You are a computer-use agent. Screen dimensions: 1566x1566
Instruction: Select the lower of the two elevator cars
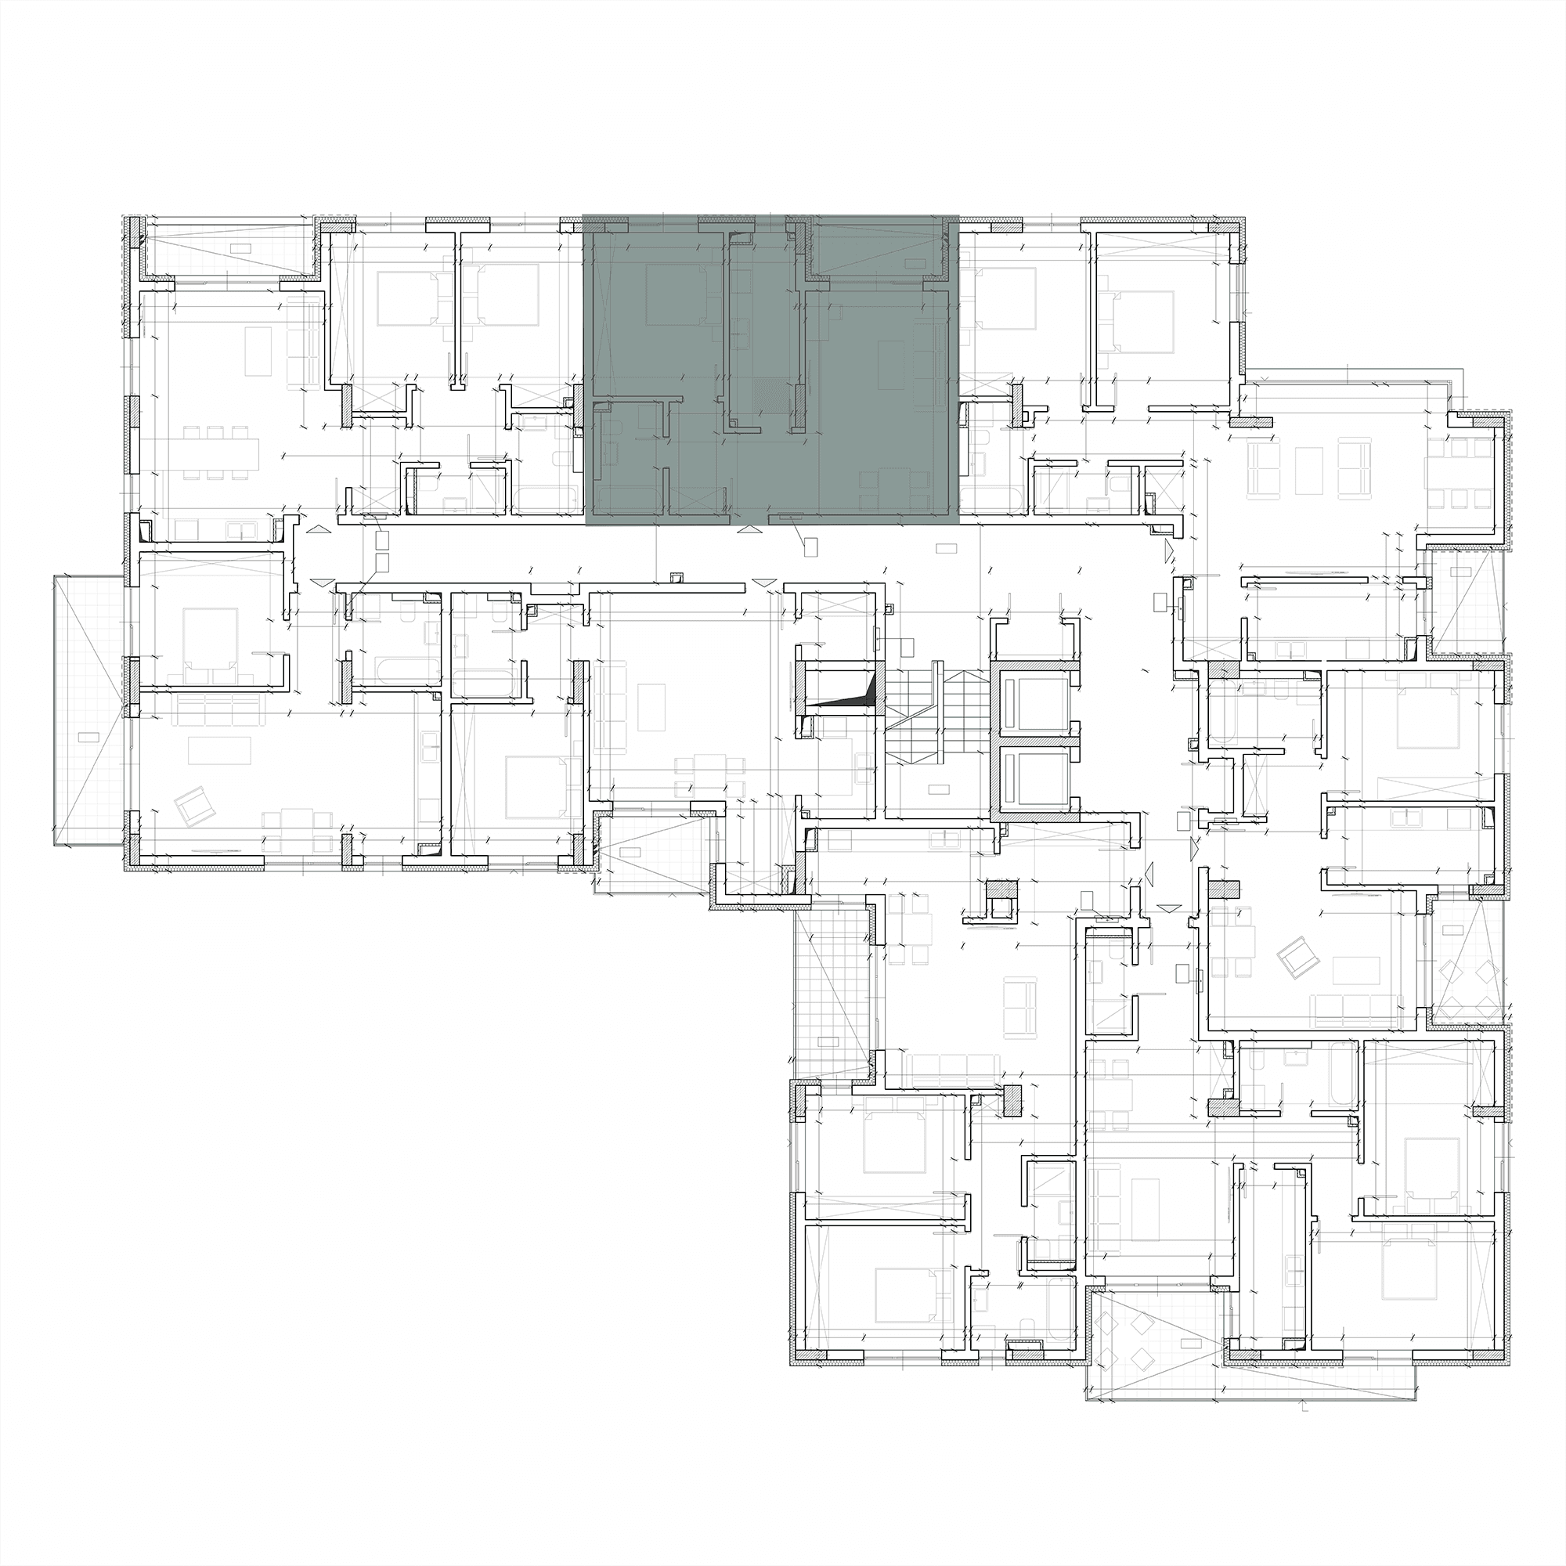pyautogui.click(x=1036, y=777)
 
